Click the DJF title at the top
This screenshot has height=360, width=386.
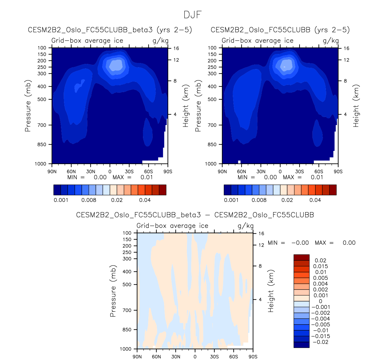click(193, 15)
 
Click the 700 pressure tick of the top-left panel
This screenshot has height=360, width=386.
click(42, 125)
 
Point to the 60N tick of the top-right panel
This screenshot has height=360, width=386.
click(242, 172)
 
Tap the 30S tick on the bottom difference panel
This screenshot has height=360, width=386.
click(214, 357)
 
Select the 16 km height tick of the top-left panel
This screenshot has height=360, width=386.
click(176, 48)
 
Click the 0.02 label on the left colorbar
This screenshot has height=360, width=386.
click(117, 200)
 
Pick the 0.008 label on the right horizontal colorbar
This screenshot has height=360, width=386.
click(259, 200)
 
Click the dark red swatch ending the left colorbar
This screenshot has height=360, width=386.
click(163, 190)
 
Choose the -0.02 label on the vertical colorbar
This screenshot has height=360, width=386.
click(321, 342)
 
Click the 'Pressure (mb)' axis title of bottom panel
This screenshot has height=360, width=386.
click(113, 291)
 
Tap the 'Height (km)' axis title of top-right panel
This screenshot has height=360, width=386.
click(356, 106)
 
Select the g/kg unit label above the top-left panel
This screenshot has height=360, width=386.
click(160, 41)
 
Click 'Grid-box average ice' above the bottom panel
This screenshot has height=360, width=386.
click(172, 226)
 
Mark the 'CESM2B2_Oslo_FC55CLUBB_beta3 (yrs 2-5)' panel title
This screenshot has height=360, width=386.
click(110, 30)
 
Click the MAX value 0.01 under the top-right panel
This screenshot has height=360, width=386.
click(317, 177)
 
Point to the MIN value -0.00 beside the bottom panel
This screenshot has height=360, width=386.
click(300, 243)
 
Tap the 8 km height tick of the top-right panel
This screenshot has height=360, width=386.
click(345, 81)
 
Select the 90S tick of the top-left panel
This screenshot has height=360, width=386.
click(168, 172)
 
